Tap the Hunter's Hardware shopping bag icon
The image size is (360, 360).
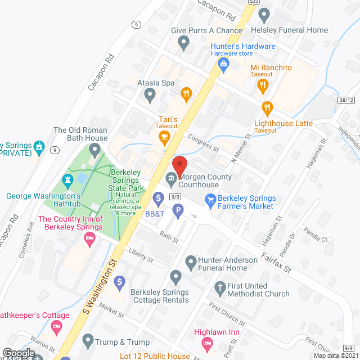tap(224, 64)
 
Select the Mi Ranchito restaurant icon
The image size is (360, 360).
tap(262, 85)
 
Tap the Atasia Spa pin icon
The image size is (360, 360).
tap(149, 96)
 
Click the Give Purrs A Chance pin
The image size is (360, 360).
tap(183, 42)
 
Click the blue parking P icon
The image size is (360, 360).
tap(178, 212)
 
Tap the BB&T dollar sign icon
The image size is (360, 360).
tap(158, 198)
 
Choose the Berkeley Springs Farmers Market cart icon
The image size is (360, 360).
tap(210, 199)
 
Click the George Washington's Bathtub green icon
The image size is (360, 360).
tap(69, 180)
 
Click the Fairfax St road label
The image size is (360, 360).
tap(279, 263)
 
